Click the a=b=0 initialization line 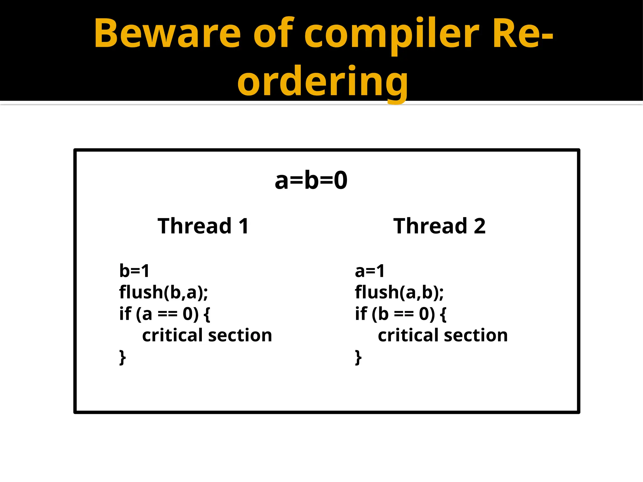tap(311, 180)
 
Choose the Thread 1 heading tap(203, 226)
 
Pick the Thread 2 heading tap(439, 226)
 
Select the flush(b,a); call tap(164, 292)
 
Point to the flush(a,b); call tap(399, 292)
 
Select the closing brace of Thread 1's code tap(122, 357)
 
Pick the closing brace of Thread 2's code tap(358, 357)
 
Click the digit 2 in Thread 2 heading tap(479, 226)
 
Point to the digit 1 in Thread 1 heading tap(244, 226)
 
